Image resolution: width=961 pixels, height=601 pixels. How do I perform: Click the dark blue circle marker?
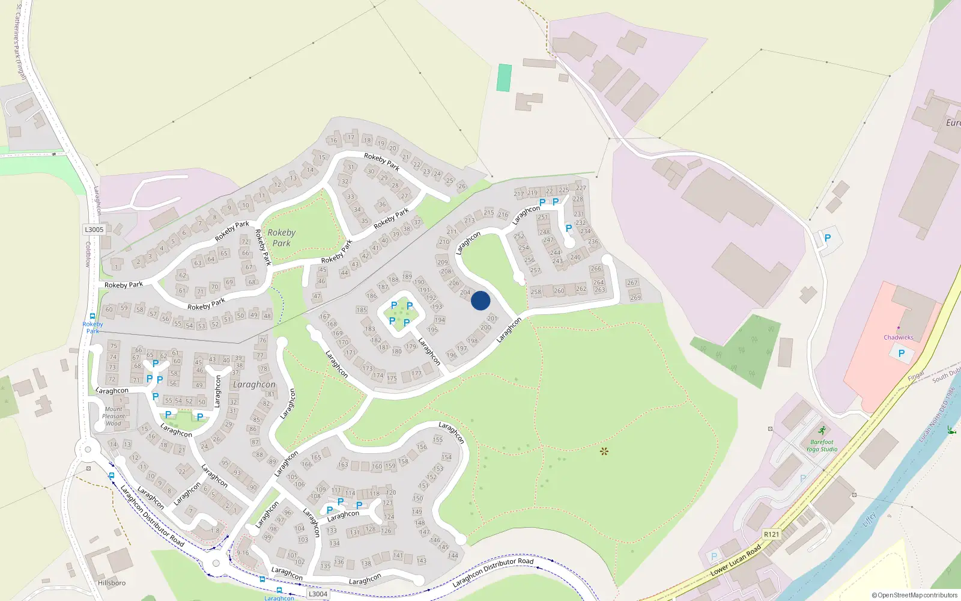click(x=480, y=300)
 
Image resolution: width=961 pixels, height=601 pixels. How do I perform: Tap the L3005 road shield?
click(x=94, y=230)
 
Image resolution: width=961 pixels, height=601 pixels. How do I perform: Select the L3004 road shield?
click(x=318, y=594)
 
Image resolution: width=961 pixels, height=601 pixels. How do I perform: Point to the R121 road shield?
click(x=771, y=534)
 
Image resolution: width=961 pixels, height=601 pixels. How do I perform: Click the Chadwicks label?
click(x=898, y=337)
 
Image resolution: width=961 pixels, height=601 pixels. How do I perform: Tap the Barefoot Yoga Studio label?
click(x=822, y=445)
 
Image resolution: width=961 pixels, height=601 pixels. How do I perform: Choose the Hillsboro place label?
click(x=112, y=583)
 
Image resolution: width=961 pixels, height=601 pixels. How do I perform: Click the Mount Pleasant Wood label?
click(x=114, y=416)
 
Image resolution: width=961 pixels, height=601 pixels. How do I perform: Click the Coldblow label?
click(x=88, y=254)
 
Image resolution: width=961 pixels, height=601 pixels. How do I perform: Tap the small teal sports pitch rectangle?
click(x=504, y=78)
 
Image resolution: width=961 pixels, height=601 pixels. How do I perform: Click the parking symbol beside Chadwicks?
click(x=901, y=353)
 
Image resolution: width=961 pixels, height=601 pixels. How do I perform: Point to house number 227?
click(x=581, y=188)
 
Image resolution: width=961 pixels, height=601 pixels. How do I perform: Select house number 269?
click(x=635, y=297)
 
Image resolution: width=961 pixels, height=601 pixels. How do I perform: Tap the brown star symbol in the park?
click(x=604, y=451)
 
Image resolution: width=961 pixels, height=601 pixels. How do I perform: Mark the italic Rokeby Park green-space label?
click(x=281, y=237)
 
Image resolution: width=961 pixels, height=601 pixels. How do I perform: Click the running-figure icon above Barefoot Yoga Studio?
click(x=822, y=430)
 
